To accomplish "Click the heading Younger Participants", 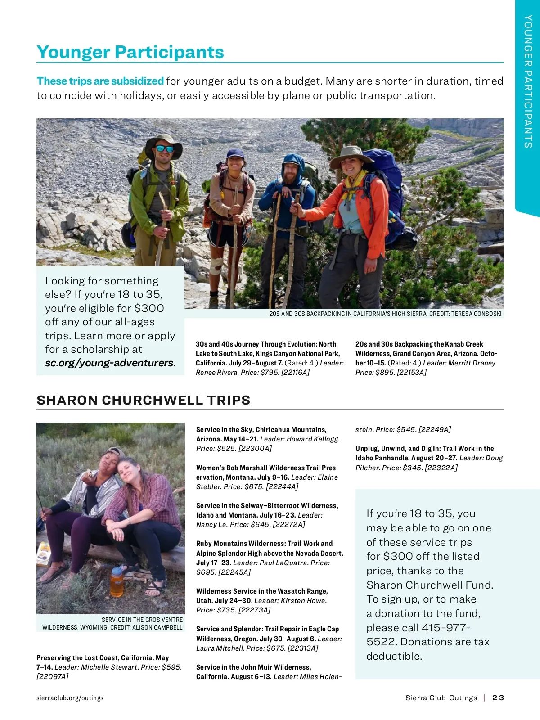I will click(130, 52).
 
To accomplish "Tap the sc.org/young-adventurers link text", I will click(109, 363).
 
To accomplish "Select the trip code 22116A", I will click(295, 372).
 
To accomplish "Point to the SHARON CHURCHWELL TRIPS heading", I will click(144, 400).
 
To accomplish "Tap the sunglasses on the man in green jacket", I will click(165, 148).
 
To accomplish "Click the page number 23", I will click(498, 697).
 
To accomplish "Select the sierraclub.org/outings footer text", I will click(70, 697).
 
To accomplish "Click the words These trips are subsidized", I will click(100, 81).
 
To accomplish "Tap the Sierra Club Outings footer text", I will click(441, 697).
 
